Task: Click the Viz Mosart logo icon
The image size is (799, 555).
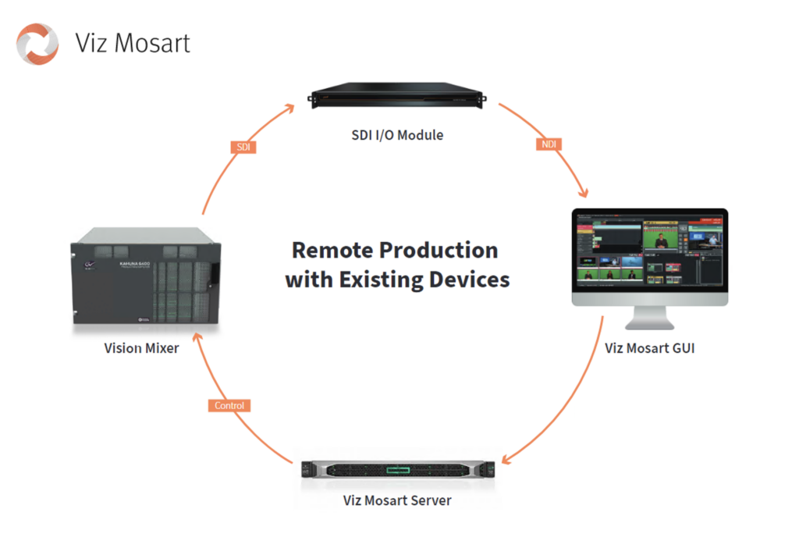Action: coord(37,43)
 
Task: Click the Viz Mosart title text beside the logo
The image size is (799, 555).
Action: coord(133,43)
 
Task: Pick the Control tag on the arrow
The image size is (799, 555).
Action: coord(229,405)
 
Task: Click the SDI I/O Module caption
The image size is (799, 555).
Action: coord(397,135)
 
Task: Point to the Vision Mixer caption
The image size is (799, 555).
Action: coord(141,348)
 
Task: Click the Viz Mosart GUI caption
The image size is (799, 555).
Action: coord(649,348)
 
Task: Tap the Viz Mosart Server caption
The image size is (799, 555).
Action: coord(397,500)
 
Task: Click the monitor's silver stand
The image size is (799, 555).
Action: coord(649,318)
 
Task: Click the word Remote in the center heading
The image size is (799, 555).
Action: coord(332,251)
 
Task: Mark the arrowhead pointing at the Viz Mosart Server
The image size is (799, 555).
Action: coord(508,459)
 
